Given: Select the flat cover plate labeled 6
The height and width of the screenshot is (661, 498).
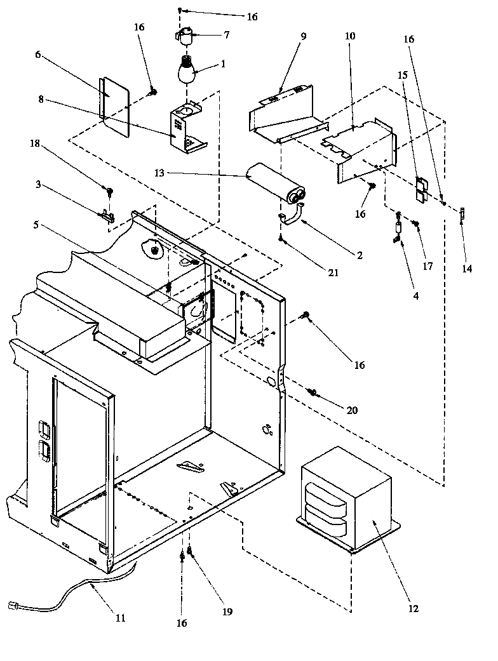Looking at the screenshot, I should (x=114, y=106).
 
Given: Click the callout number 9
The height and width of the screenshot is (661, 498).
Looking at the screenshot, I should (x=302, y=36).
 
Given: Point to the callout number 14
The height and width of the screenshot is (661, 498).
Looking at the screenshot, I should (x=467, y=269).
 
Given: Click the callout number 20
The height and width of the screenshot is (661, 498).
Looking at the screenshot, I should (x=351, y=410).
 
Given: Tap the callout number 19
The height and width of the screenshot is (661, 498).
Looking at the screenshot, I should (x=227, y=611).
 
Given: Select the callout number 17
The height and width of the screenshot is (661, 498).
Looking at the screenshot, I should (x=427, y=267).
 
